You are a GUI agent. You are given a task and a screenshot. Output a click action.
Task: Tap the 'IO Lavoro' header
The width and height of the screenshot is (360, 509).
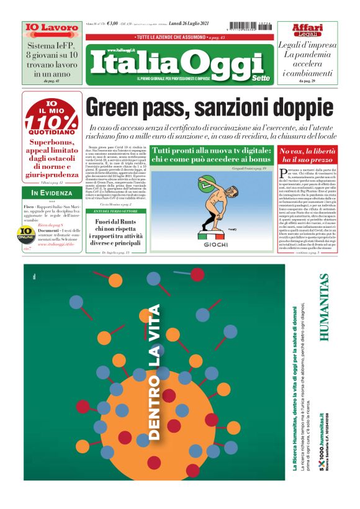43,28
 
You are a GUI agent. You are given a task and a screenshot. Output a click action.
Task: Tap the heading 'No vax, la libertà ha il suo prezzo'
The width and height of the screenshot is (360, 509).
308,156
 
